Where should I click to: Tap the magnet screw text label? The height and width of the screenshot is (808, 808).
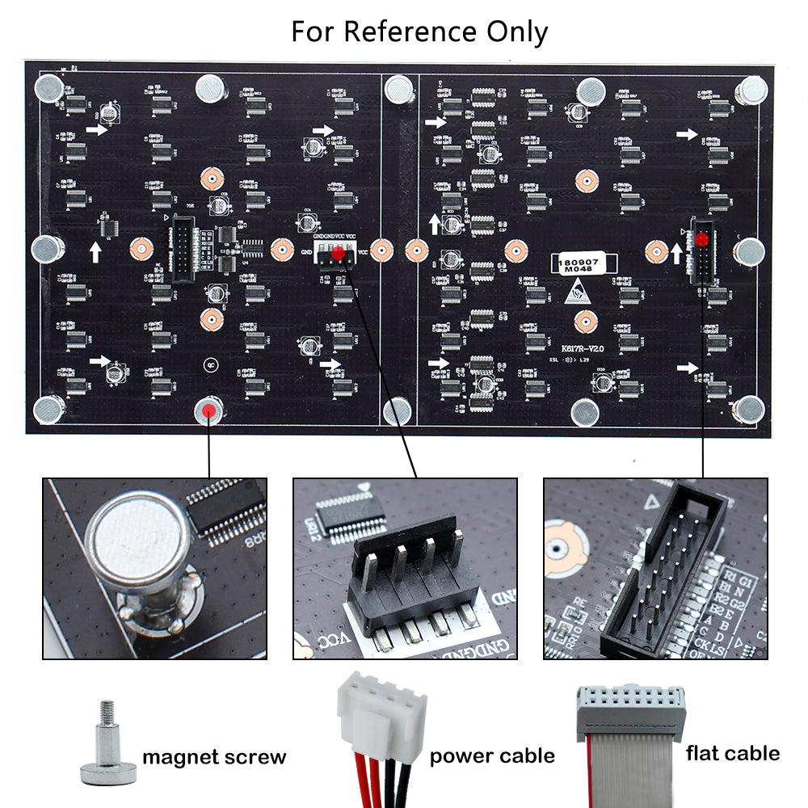pyautogui.click(x=214, y=757)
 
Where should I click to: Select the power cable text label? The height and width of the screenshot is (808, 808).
pyautogui.click(x=492, y=756)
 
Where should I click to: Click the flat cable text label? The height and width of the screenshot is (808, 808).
pyautogui.click(x=733, y=753)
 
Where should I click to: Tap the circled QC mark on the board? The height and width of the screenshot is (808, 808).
pyautogui.click(x=211, y=364)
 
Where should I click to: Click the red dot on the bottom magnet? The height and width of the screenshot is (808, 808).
pyautogui.click(x=210, y=410)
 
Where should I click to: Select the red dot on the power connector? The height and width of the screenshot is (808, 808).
pyautogui.click(x=338, y=255)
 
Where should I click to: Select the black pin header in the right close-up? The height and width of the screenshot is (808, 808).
pyautogui.click(x=659, y=566)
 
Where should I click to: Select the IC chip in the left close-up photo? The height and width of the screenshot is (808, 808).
pyautogui.click(x=227, y=509)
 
